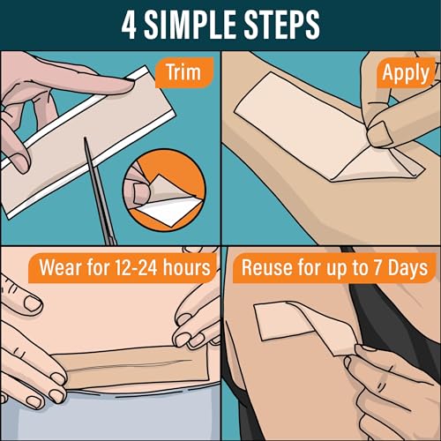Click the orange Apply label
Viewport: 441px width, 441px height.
404,72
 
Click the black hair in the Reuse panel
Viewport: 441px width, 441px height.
415,353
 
